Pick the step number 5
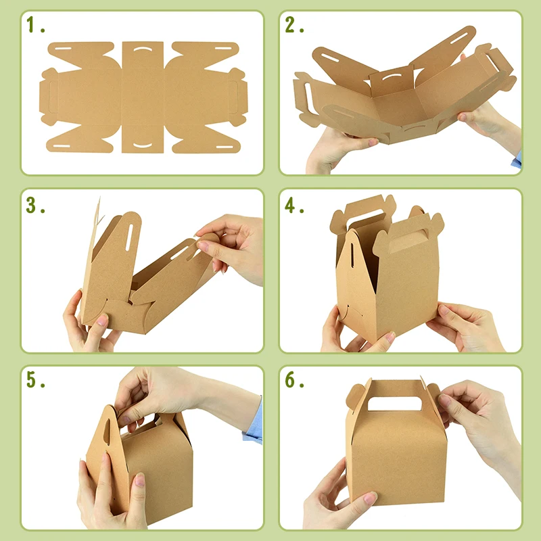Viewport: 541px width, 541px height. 34,380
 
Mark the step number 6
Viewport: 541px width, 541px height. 293,380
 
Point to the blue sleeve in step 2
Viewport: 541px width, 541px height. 518,160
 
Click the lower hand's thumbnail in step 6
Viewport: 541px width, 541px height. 370,498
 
